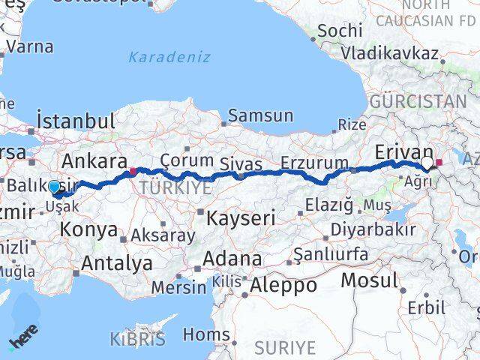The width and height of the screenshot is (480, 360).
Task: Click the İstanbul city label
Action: [x=76, y=120]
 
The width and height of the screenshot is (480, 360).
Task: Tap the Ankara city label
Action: [x=94, y=160]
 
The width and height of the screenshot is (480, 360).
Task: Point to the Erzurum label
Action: [x=315, y=163]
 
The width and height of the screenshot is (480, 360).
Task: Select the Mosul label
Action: [x=369, y=280]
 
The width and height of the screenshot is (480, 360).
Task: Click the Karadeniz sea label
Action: [x=169, y=57]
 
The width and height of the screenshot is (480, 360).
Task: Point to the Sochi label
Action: [x=339, y=31]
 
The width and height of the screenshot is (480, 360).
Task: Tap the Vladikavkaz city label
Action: [x=389, y=53]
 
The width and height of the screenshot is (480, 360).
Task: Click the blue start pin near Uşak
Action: [x=53, y=187]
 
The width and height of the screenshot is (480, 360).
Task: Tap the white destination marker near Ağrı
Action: [x=427, y=163]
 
